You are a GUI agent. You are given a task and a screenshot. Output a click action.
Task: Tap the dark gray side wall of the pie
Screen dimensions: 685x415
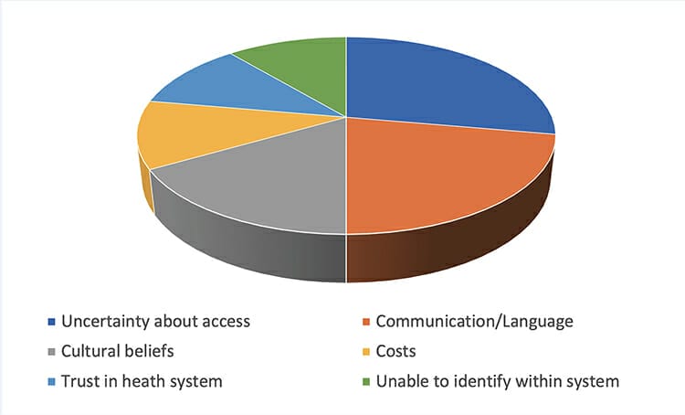point(249,236)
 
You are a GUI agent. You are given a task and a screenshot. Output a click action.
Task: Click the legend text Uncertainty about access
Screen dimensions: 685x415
point(155,322)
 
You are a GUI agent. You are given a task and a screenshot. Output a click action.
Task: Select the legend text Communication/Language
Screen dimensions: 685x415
point(474,322)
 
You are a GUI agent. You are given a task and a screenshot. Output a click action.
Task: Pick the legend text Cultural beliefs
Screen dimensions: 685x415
point(118,351)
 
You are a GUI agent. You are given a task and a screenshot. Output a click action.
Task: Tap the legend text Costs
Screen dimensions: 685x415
point(395,351)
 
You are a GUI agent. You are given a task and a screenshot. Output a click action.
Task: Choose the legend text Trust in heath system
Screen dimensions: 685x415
point(142,381)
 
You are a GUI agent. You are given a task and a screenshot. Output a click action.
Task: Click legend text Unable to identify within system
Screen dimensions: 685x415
point(498,381)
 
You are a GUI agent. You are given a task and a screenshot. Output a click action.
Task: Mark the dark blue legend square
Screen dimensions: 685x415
point(51,322)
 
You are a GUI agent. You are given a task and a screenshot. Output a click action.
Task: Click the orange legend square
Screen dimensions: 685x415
point(366,322)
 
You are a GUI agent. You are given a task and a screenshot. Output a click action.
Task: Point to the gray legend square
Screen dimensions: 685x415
point(51,352)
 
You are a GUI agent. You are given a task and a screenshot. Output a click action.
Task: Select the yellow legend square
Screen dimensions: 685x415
point(366,352)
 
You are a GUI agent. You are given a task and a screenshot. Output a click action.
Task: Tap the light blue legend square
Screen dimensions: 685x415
point(51,382)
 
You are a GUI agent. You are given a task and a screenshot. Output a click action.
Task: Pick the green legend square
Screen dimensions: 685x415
point(366,382)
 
